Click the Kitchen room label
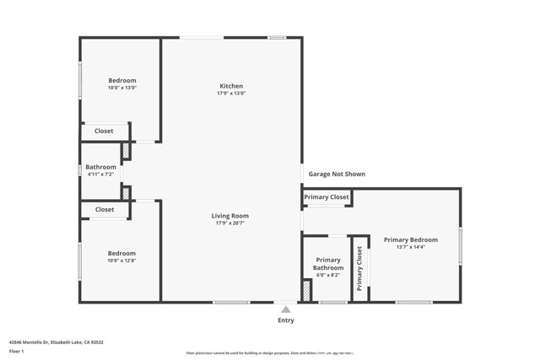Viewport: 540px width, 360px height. [x=231, y=86]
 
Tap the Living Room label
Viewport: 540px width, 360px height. [x=229, y=216]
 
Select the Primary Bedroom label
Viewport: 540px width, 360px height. [x=410, y=239]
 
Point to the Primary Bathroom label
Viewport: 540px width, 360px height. [x=328, y=264]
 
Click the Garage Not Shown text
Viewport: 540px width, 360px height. [x=337, y=175]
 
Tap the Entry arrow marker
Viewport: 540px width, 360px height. [x=286, y=309]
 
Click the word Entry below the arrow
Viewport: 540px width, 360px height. [x=286, y=320]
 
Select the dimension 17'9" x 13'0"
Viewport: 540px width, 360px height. [x=231, y=94]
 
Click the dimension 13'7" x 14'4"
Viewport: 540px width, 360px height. [x=410, y=247]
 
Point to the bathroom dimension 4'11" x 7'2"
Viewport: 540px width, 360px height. [x=100, y=175]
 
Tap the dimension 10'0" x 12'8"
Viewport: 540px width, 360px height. [x=121, y=261]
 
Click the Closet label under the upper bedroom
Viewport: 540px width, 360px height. [x=104, y=132]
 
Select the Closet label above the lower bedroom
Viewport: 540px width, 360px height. [x=105, y=210]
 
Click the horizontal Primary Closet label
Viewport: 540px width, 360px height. [x=327, y=197]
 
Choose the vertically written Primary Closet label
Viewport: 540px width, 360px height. [x=359, y=268]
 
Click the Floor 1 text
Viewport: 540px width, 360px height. [x=17, y=351]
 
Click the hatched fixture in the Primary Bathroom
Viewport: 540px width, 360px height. [x=307, y=291]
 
